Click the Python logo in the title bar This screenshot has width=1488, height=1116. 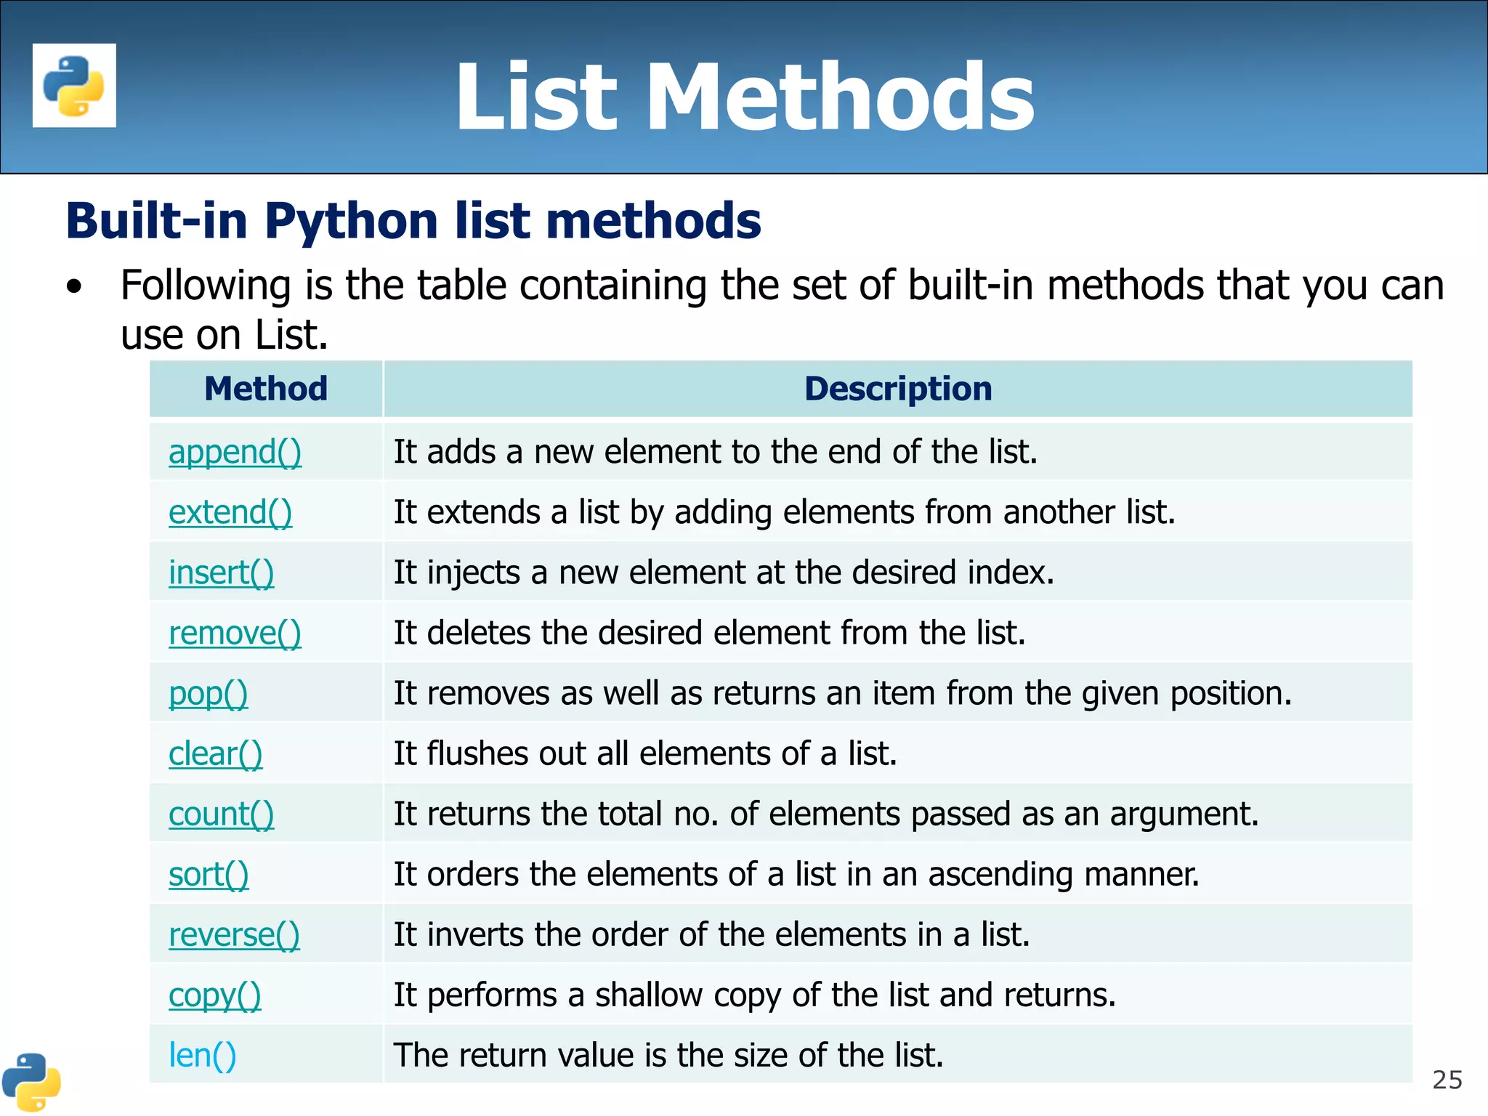coord(74,86)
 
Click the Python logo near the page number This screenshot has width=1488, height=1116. coord(31,1083)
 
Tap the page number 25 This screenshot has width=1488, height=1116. coord(1447,1080)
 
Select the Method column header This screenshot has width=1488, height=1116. coord(266,389)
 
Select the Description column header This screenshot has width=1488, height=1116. coord(898,389)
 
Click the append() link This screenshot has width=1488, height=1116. coord(235,452)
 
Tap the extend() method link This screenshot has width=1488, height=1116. coord(230,512)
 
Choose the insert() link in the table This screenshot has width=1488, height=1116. coord(222,573)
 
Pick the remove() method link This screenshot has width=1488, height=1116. coord(235,633)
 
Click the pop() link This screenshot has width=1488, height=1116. coord(209,694)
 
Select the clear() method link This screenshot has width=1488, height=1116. coord(216,754)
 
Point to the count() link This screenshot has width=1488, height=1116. coord(222,814)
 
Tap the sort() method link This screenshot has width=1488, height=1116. coord(209,875)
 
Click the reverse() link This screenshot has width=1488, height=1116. coord(234,935)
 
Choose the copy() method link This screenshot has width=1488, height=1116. coord(214,995)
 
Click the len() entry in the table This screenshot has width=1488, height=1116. coord(203,1056)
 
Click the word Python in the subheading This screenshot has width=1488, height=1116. coord(351,221)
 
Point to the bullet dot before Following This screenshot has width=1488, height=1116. coord(73,287)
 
